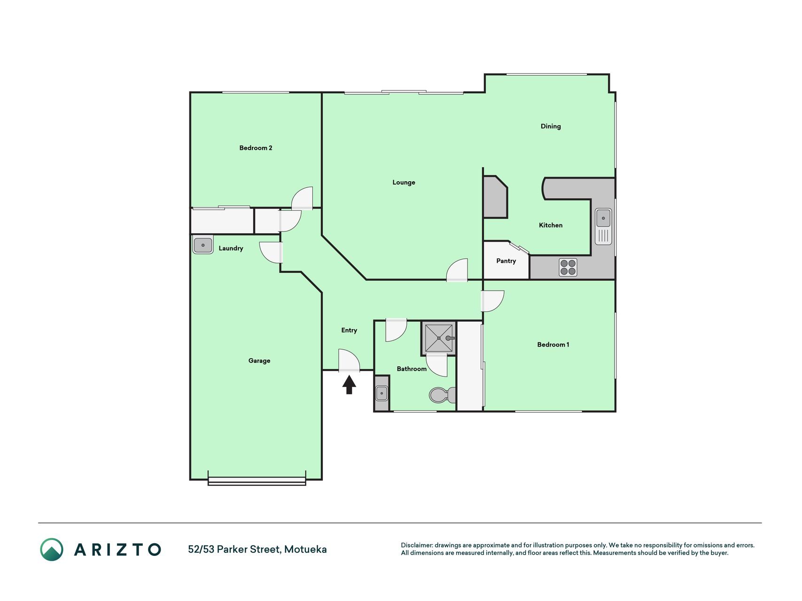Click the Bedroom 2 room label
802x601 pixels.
click(x=256, y=148)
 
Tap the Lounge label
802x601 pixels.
click(x=404, y=183)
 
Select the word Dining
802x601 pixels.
click(x=551, y=126)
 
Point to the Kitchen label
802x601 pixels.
click(x=551, y=225)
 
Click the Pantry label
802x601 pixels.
click(x=506, y=261)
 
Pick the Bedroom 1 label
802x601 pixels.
click(x=553, y=345)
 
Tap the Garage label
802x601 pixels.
click(x=259, y=361)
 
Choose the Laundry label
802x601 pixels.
click(x=231, y=248)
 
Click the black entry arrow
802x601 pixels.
click(x=349, y=385)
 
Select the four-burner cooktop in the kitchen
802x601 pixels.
click(x=568, y=268)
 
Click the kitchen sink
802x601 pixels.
click(x=603, y=226)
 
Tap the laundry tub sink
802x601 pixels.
click(x=203, y=245)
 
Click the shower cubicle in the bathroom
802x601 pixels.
click(x=438, y=338)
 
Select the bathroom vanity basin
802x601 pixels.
click(x=382, y=393)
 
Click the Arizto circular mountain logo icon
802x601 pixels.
click(x=52, y=549)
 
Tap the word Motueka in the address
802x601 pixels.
click(x=305, y=549)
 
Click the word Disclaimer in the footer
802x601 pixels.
click(x=416, y=545)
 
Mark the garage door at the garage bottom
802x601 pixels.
click(x=257, y=481)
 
